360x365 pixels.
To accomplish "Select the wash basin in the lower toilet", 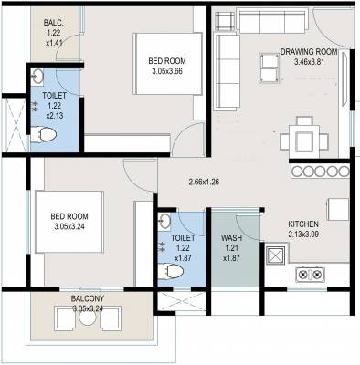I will (x=164, y=222).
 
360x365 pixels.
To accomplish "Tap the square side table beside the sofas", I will (x=228, y=21).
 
